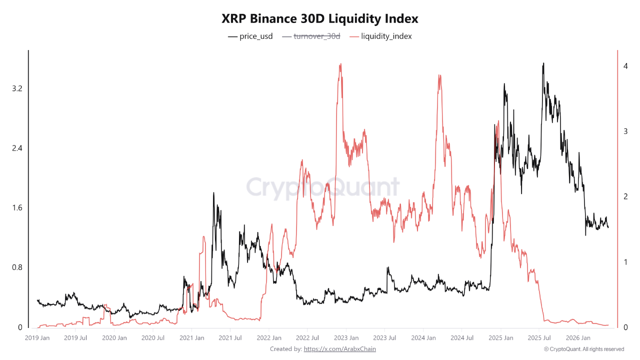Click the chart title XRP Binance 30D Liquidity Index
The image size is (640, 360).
click(x=319, y=18)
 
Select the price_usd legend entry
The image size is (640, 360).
click(x=250, y=36)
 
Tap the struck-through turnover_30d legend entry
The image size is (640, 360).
click(x=311, y=36)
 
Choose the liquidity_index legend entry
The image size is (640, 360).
click(x=380, y=36)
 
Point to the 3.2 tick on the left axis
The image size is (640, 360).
click(x=17, y=88)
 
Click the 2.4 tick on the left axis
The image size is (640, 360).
click(x=17, y=148)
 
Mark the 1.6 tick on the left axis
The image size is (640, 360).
click(x=17, y=207)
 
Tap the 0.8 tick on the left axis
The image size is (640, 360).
click(x=17, y=267)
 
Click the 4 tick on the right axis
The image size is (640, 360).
click(x=625, y=66)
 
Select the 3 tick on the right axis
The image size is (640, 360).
click(x=625, y=131)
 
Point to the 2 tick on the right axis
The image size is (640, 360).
click(x=625, y=196)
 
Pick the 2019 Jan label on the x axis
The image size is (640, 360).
click(x=37, y=338)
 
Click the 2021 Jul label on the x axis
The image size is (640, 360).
click(x=230, y=338)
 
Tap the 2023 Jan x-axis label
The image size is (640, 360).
click(x=346, y=338)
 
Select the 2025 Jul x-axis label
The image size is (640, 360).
click(x=539, y=338)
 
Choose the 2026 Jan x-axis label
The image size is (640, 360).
click(x=578, y=338)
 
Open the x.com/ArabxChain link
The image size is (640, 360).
click(x=339, y=349)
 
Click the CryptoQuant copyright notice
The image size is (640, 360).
click(x=584, y=349)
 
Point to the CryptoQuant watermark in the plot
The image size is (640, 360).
click(x=323, y=187)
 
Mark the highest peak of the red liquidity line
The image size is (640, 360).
click(x=340, y=64)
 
